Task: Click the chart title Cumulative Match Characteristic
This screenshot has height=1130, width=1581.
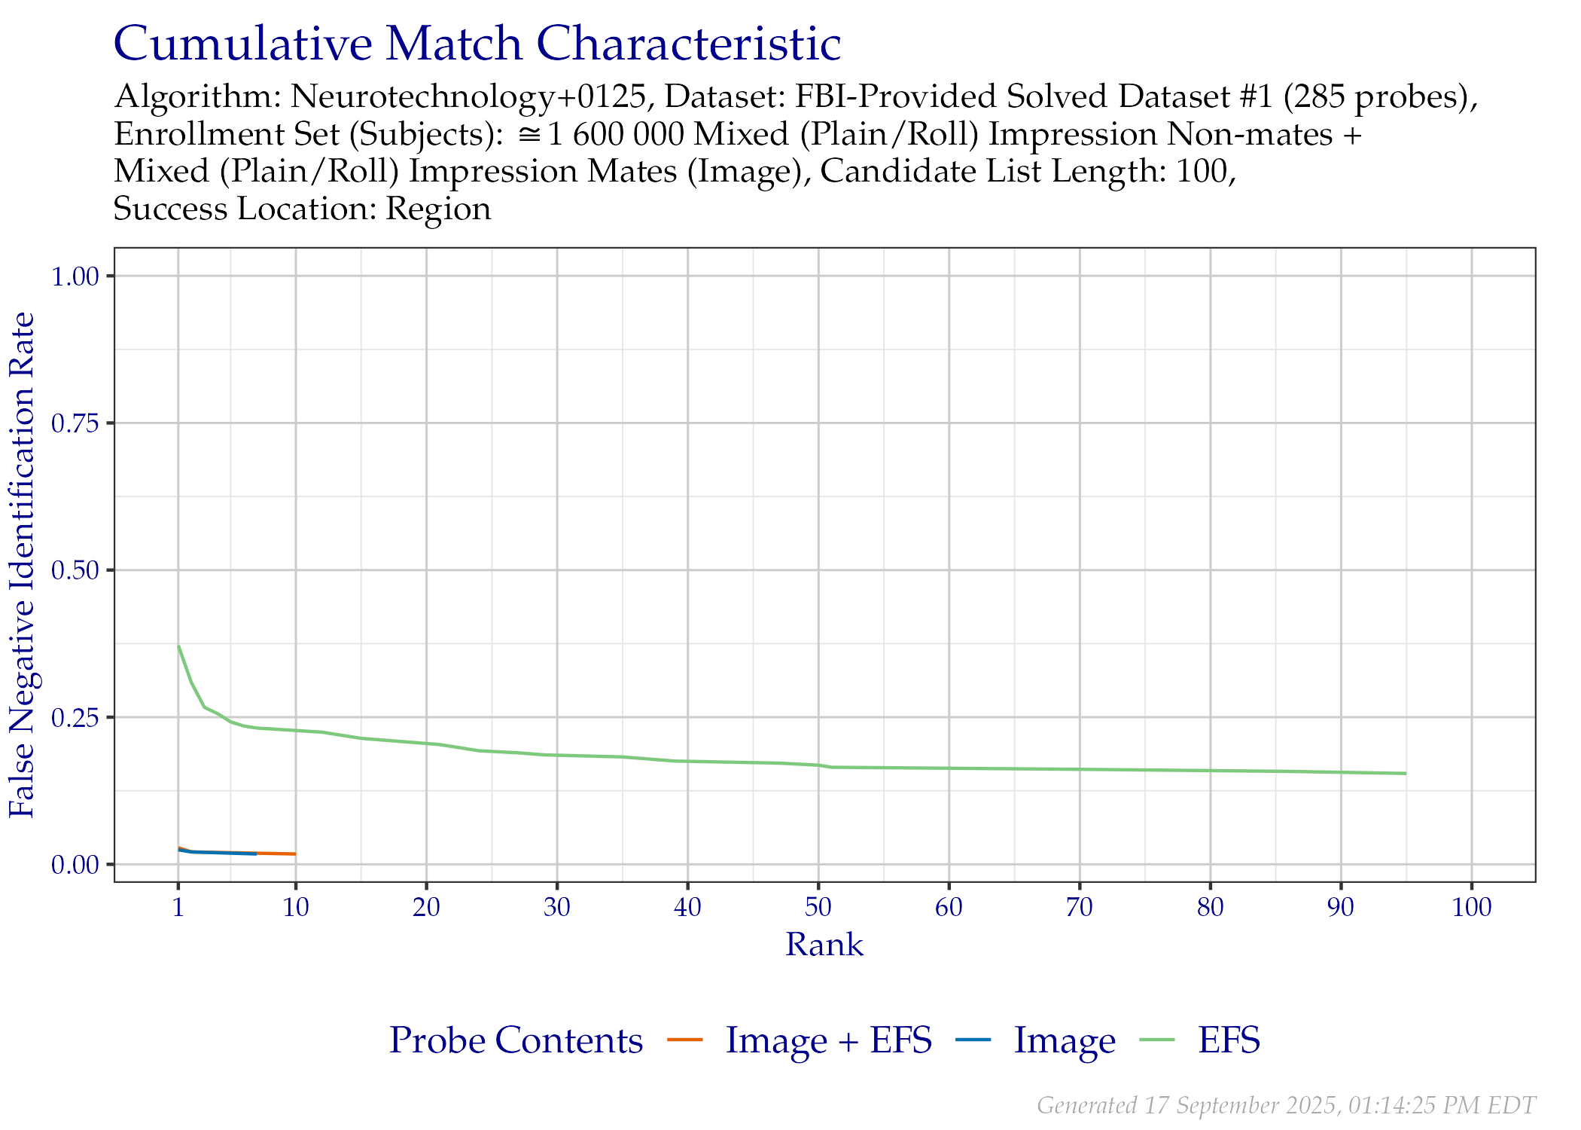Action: click(x=477, y=44)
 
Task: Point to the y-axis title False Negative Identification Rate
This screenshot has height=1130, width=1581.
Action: click(x=23, y=565)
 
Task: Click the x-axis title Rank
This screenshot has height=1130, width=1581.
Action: click(x=824, y=945)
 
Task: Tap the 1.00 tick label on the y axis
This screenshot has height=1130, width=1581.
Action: click(x=75, y=276)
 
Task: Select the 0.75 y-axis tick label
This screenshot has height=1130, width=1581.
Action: click(x=75, y=423)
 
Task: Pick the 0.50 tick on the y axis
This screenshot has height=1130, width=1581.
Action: click(x=75, y=570)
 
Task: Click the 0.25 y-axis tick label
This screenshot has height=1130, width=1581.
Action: click(x=75, y=717)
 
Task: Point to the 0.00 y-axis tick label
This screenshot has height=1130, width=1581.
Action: click(x=75, y=864)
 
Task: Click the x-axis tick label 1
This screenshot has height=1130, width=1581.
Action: click(x=178, y=907)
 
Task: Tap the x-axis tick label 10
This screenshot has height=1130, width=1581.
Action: click(x=296, y=907)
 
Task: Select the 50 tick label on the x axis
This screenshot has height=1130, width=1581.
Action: click(x=818, y=907)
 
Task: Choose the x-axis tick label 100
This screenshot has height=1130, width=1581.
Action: click(x=1472, y=907)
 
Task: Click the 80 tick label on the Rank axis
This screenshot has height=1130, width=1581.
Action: click(x=1211, y=907)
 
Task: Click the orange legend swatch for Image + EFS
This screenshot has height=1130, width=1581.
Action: click(x=685, y=1040)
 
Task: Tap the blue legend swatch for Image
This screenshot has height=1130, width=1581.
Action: click(x=973, y=1040)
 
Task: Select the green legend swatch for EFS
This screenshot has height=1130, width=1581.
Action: click(x=1157, y=1040)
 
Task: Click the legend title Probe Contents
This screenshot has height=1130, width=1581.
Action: click(x=516, y=1040)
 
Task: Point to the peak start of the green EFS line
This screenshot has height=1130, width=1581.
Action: click(x=178, y=646)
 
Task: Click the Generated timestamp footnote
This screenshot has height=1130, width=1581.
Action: click(x=1286, y=1105)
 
